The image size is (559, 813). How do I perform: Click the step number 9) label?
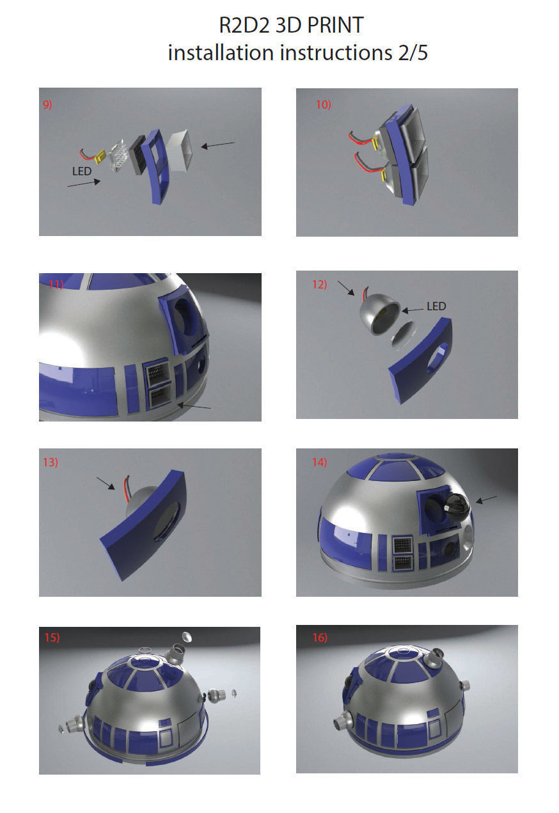coord(47,105)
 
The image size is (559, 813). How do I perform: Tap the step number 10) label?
coord(323,105)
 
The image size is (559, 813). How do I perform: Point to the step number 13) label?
coord(51,462)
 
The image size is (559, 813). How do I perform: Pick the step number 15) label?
coord(52,637)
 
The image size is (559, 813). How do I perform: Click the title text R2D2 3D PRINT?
coord(291,26)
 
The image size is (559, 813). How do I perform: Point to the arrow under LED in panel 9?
coord(84,183)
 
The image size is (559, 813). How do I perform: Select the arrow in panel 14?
coord(487,499)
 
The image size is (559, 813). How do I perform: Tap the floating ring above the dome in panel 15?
coord(146,651)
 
